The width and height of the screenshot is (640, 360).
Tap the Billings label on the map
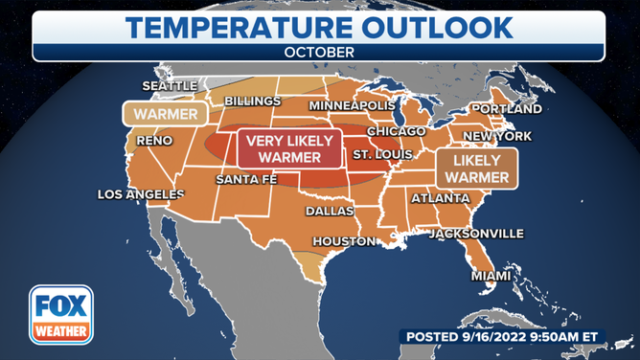pos(252,101)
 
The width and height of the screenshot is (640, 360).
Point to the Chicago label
pos(395,131)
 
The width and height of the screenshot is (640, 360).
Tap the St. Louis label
pos(382,154)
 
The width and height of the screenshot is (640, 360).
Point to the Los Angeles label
pos(141,194)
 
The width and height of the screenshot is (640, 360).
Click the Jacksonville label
pos(476,234)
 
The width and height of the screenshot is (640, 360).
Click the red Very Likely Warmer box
pos(289,149)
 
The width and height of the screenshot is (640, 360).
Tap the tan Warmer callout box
pos(166,114)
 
